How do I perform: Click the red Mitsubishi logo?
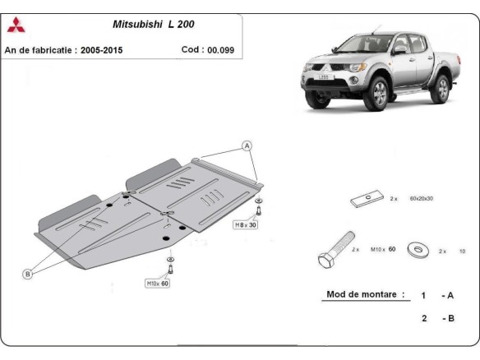tap(16, 25)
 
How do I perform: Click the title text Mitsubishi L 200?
tap(154, 25)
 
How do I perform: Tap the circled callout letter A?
tap(246, 145)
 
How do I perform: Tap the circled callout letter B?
tap(27, 274)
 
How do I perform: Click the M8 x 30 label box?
tap(246, 224)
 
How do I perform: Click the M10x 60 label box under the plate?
tap(157, 284)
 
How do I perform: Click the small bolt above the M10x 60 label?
tap(170, 266)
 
